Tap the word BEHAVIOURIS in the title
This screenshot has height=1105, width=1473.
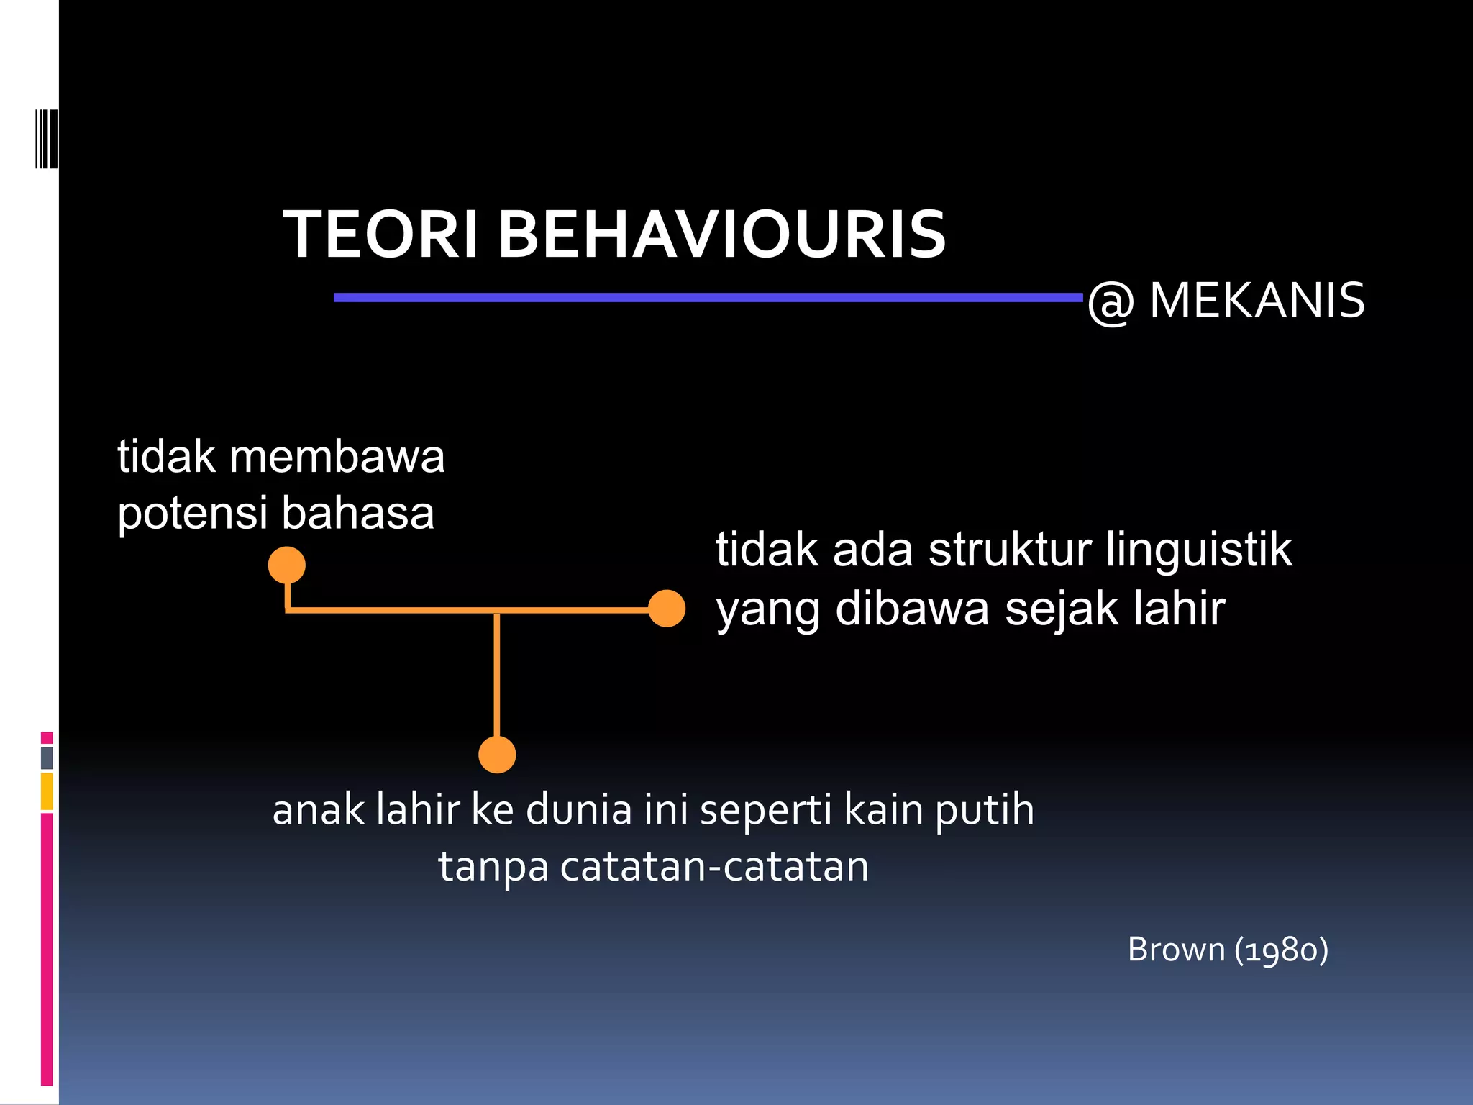coord(721,235)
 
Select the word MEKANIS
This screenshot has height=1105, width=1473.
coord(1257,300)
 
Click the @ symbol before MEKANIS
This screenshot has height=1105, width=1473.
coord(1111,302)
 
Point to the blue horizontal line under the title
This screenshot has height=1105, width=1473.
coord(708,297)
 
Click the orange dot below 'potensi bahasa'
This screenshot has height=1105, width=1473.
coord(287,565)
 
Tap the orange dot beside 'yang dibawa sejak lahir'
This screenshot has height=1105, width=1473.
coord(667,609)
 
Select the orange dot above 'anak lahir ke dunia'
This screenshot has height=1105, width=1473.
coord(497,755)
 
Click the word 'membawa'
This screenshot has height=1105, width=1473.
coord(337,457)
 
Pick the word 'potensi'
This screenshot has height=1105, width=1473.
coord(192,514)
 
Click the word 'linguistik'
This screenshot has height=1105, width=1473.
coord(1198,550)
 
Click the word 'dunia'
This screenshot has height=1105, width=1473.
coord(579,810)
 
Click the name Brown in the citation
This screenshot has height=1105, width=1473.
coord(1176,950)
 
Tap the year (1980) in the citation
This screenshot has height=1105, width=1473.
coord(1282,950)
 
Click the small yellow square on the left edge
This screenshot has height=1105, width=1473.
coord(47,791)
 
